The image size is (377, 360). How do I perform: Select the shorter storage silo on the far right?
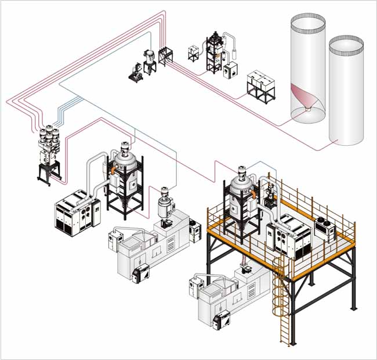click(346, 93)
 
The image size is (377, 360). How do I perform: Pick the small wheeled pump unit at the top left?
click(136, 73)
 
